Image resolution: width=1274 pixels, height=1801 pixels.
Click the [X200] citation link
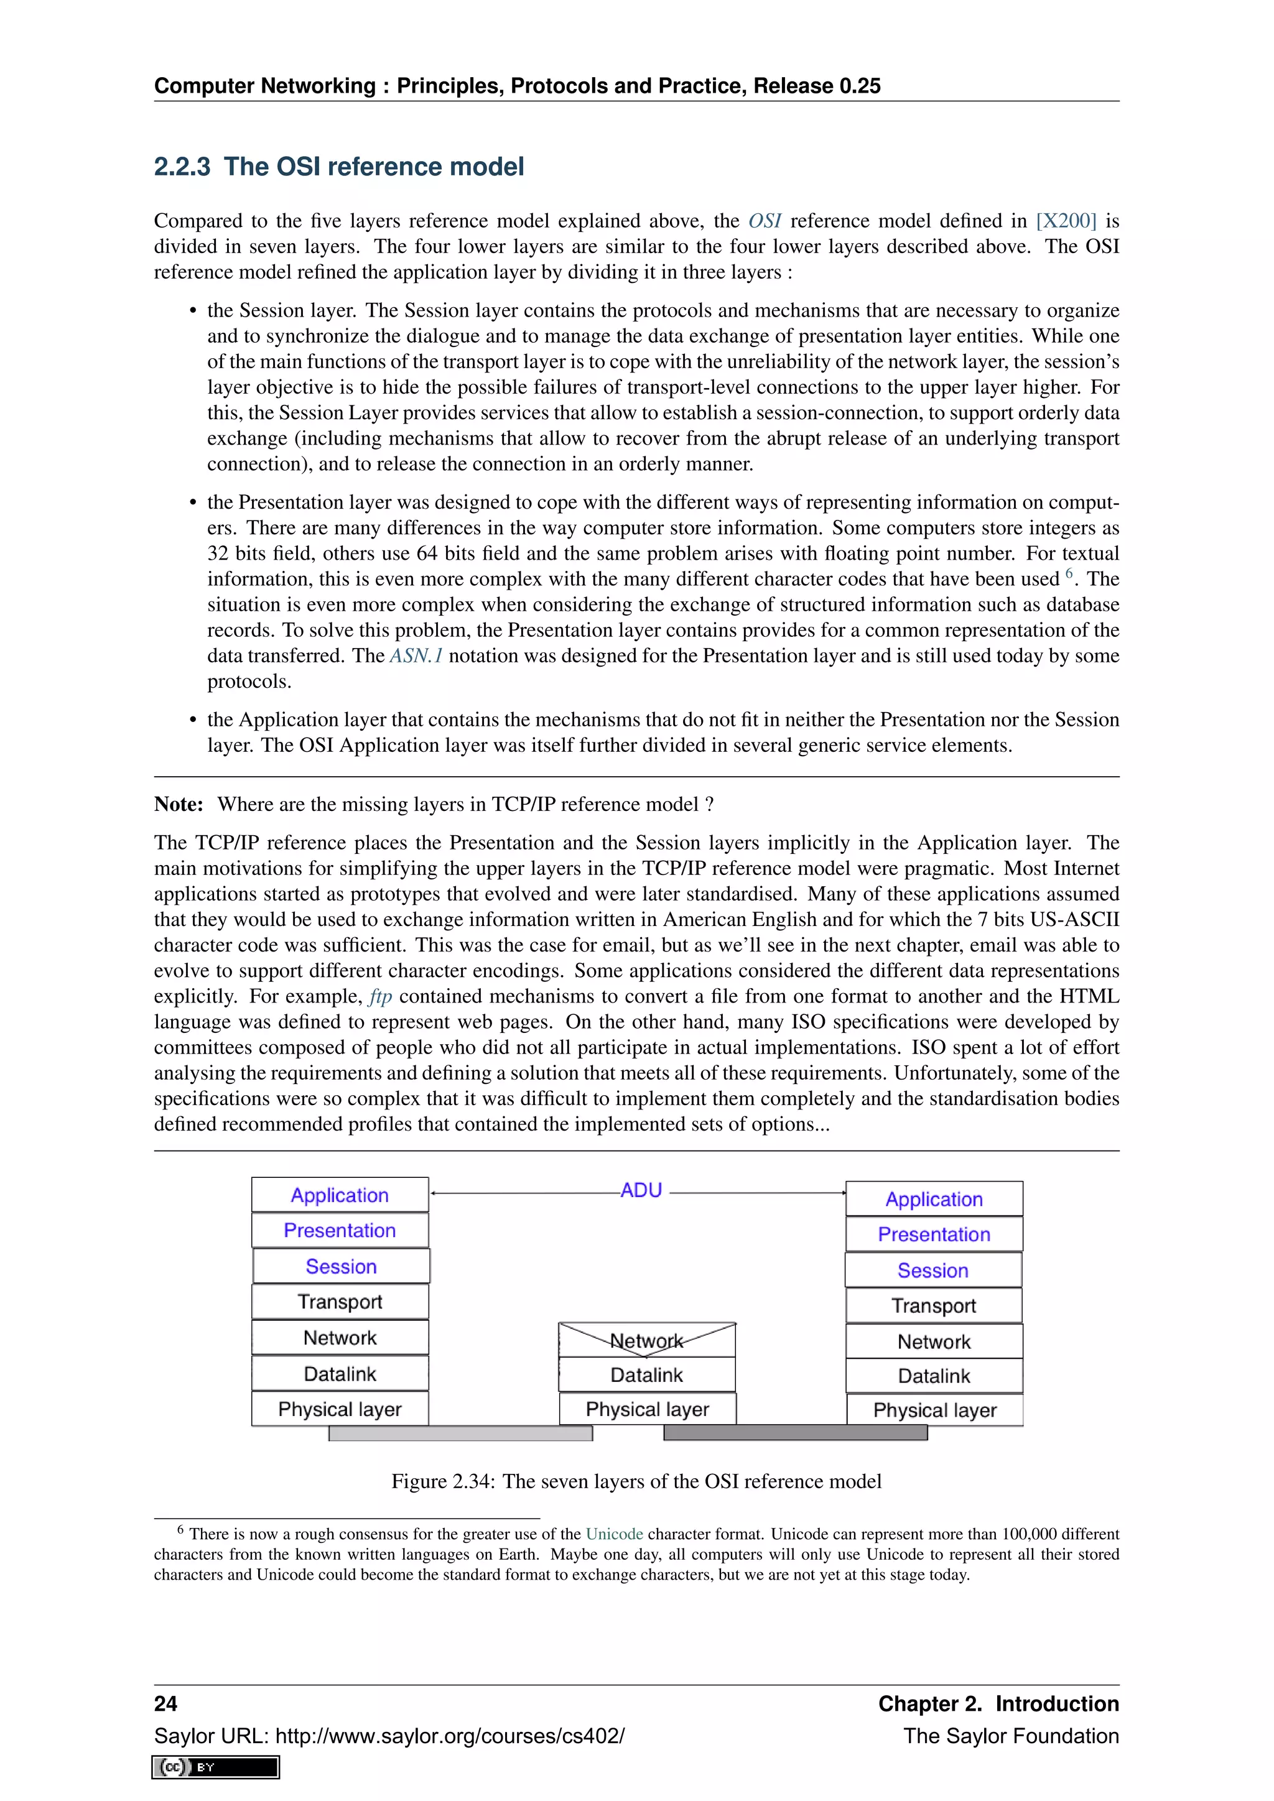(x=1066, y=221)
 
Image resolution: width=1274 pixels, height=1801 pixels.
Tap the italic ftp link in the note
(x=381, y=996)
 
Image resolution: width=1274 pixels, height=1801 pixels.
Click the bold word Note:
(x=179, y=804)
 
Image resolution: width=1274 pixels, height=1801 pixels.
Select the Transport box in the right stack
(x=934, y=1305)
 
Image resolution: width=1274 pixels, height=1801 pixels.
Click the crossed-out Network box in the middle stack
(x=646, y=1340)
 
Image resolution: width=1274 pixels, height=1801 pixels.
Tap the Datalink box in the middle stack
(x=646, y=1374)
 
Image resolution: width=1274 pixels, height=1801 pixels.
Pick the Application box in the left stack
(x=340, y=1195)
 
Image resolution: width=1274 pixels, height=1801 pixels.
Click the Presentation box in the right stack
(x=934, y=1234)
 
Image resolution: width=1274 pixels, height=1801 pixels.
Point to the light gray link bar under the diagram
(x=460, y=1433)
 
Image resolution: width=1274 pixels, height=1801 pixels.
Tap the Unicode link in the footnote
(x=614, y=1534)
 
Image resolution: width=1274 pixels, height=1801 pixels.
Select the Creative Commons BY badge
(x=216, y=1767)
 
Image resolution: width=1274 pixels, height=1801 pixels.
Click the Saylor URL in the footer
(x=389, y=1735)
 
